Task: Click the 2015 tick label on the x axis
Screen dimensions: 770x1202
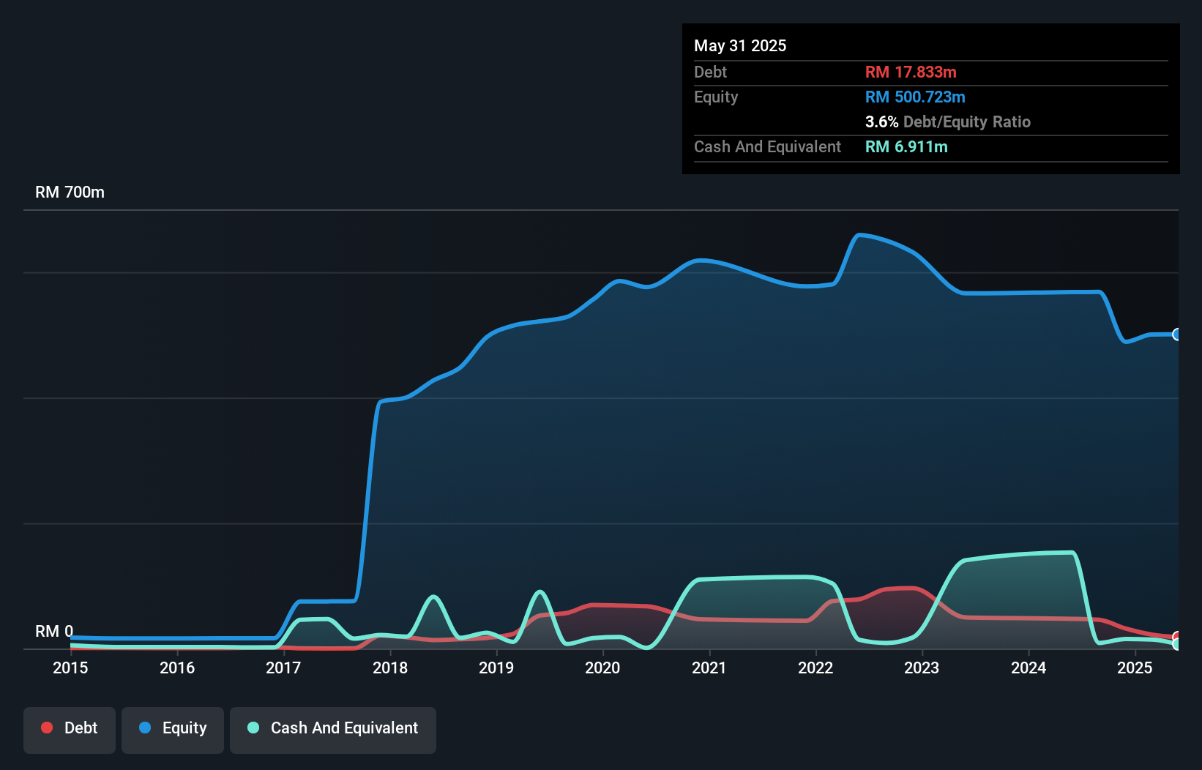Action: point(70,668)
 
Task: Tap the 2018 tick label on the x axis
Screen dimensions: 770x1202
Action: point(390,668)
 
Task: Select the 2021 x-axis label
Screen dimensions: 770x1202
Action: point(709,668)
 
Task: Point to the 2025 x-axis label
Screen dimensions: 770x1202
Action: point(1135,668)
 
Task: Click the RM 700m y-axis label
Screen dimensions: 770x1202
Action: point(70,192)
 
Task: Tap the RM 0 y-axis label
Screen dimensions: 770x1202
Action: point(54,631)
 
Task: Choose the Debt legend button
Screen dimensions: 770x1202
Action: point(70,728)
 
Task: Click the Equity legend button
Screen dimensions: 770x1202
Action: point(173,728)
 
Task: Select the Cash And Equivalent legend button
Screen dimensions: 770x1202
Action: point(333,728)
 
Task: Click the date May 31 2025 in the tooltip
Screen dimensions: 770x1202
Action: point(740,45)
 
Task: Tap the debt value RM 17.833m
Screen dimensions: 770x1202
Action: point(911,72)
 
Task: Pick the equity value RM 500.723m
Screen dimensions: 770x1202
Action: point(915,97)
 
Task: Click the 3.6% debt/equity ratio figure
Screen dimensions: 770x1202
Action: point(881,122)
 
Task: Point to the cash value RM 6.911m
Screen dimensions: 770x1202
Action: point(906,146)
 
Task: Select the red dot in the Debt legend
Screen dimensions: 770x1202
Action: point(47,728)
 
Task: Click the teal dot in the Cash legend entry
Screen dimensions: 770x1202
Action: point(253,728)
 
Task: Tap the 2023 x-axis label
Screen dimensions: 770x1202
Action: point(922,668)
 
